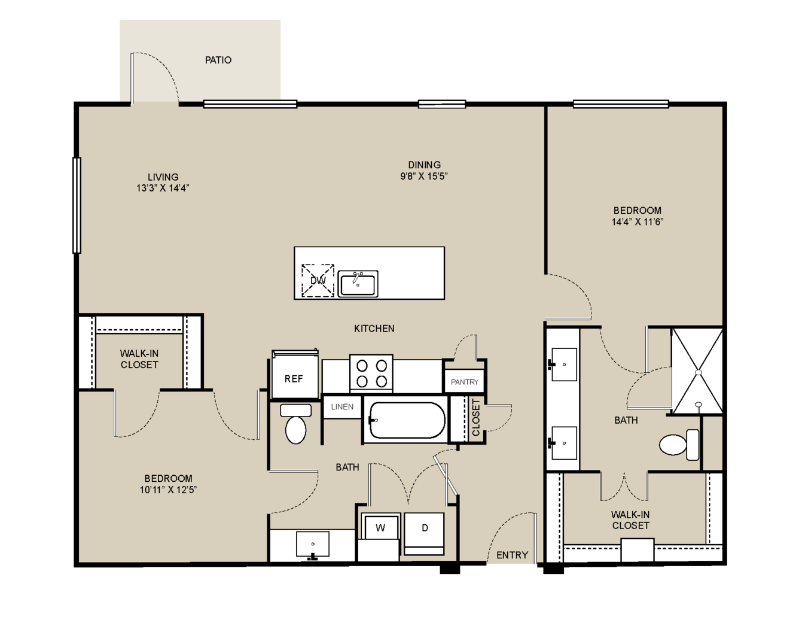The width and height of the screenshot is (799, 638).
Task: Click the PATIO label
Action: click(218, 60)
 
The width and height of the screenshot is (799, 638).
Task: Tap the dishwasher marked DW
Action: click(318, 281)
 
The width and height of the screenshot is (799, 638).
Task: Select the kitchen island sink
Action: click(358, 284)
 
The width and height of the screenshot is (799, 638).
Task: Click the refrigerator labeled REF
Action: click(295, 375)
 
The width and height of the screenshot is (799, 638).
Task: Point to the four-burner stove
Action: click(371, 372)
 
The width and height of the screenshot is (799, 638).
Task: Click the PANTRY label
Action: click(464, 382)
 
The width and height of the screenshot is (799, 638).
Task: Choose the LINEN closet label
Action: click(342, 406)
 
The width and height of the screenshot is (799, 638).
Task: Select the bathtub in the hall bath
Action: click(407, 420)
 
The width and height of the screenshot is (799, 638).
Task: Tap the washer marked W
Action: click(380, 528)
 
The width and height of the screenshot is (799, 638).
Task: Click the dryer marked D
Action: click(424, 533)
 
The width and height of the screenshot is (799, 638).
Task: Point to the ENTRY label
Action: click(512, 555)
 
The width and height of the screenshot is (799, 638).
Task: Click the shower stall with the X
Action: click(698, 371)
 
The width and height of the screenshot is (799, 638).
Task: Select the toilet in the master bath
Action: click(679, 445)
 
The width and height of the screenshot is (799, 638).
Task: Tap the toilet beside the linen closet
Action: click(295, 424)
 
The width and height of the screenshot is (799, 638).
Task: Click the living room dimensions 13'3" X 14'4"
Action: click(163, 188)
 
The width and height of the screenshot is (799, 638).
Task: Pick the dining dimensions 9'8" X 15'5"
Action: click(424, 176)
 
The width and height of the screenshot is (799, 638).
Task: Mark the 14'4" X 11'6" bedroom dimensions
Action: click(637, 222)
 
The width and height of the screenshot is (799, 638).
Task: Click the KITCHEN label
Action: click(374, 329)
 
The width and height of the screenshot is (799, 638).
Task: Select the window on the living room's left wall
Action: click(77, 205)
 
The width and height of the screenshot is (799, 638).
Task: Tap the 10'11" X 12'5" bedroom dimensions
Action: click(168, 490)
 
